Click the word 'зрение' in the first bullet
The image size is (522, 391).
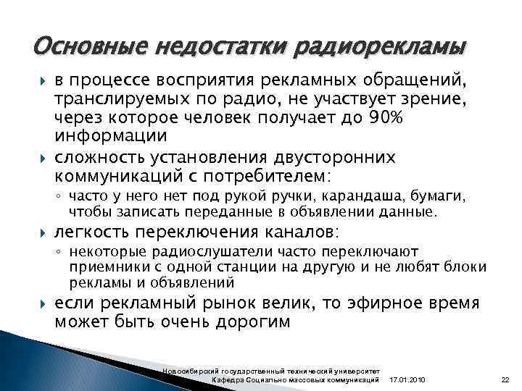403,99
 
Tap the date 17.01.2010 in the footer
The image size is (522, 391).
409,380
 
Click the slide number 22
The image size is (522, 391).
505,380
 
